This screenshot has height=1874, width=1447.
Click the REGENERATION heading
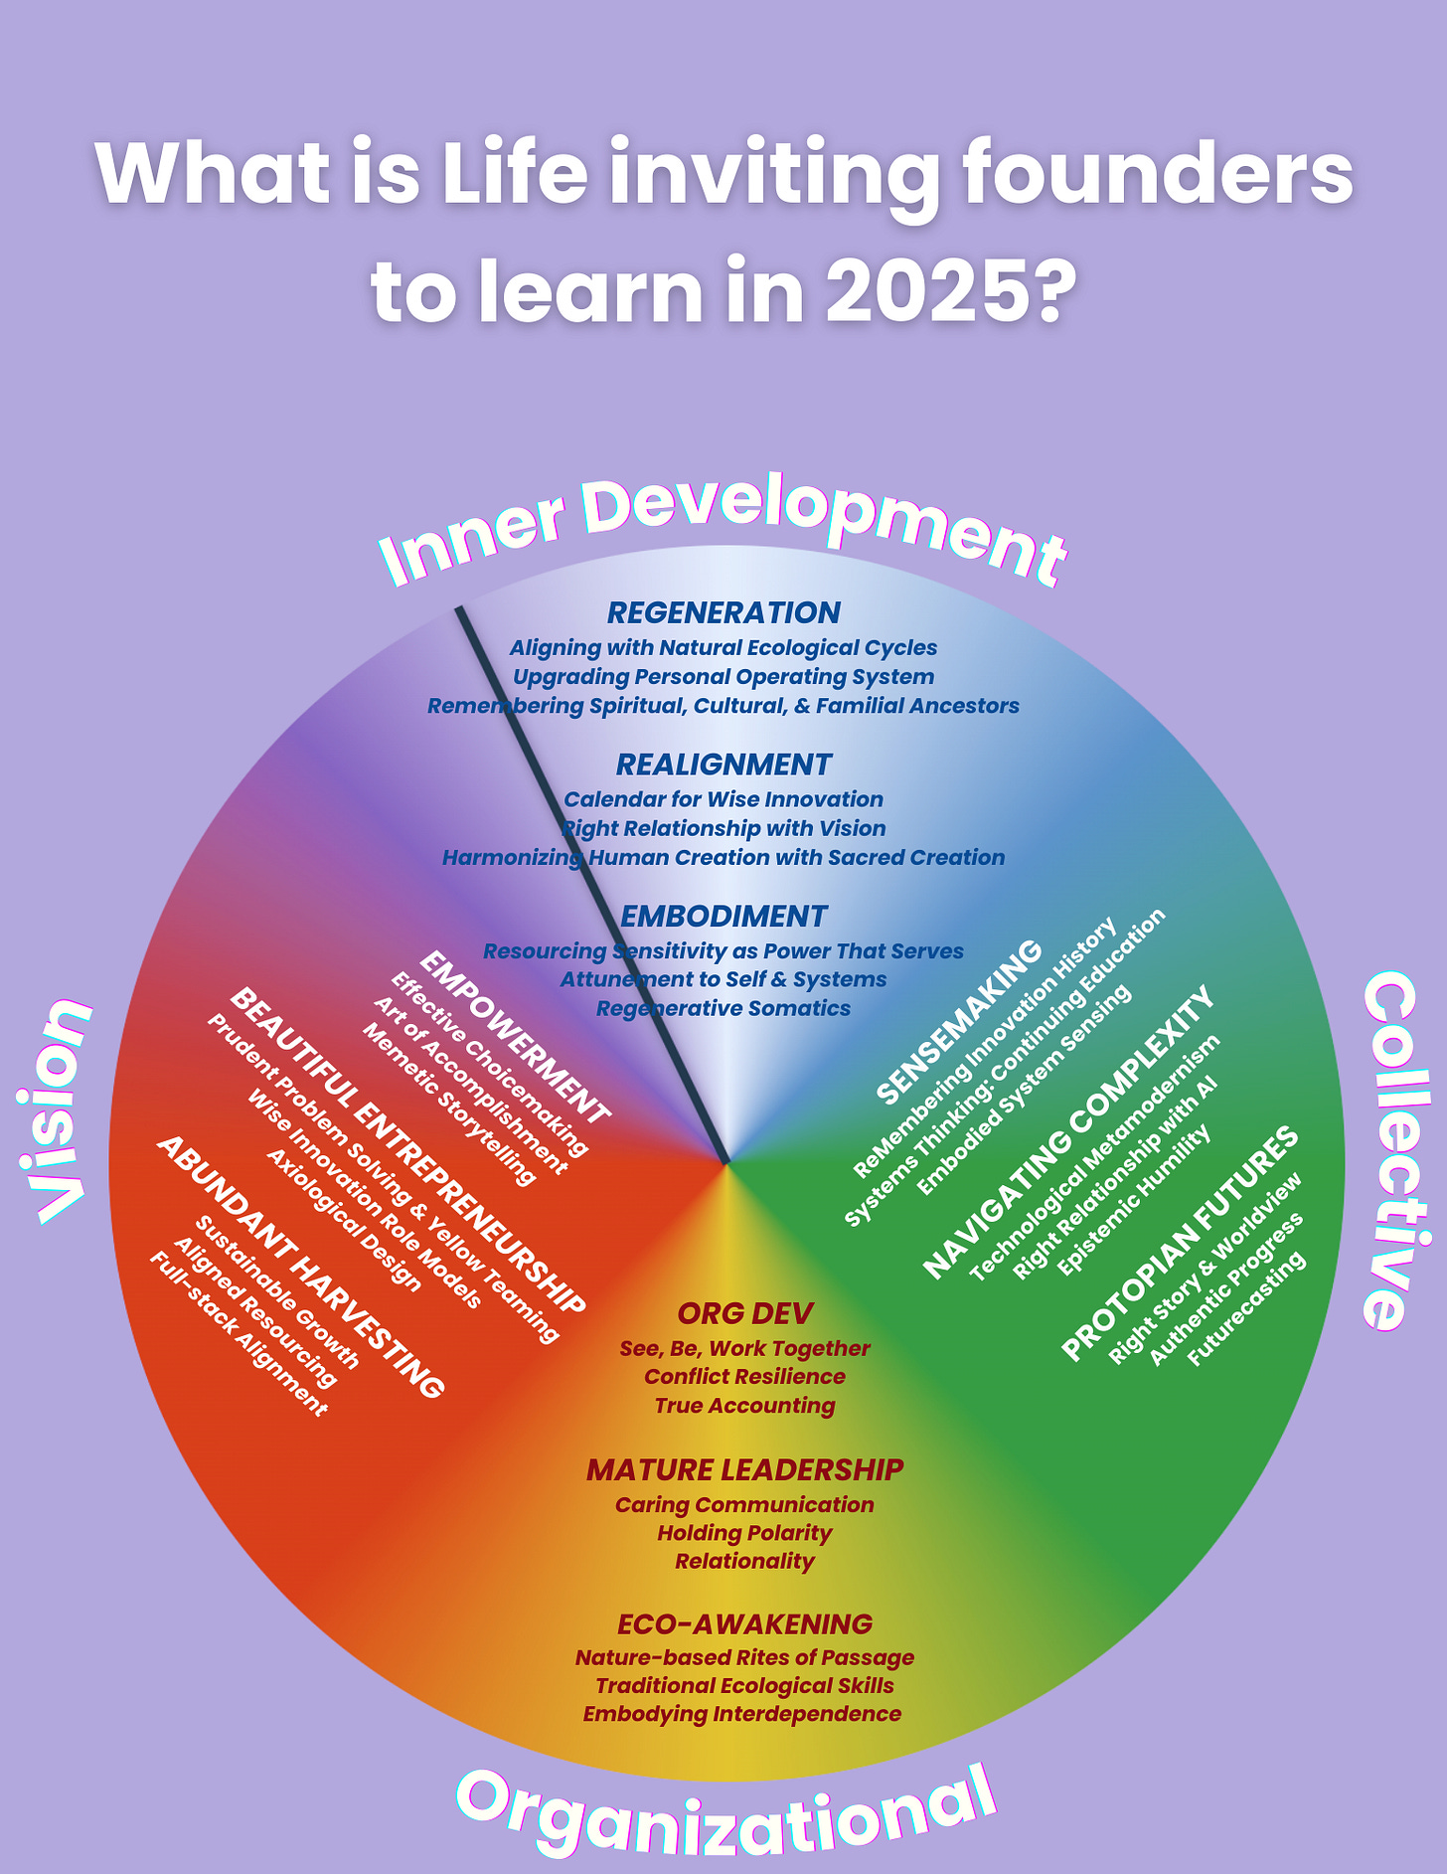(x=723, y=612)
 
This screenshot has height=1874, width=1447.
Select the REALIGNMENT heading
(x=723, y=765)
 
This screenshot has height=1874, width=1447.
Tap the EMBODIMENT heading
(x=723, y=916)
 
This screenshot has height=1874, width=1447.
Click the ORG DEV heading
(x=744, y=1313)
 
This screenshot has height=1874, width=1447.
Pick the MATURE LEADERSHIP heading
(x=744, y=1469)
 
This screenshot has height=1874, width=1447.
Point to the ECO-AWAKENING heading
(x=744, y=1623)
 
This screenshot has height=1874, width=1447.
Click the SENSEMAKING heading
(x=960, y=1021)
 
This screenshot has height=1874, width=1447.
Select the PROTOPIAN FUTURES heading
(x=1181, y=1243)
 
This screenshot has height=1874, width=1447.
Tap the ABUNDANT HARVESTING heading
(x=299, y=1267)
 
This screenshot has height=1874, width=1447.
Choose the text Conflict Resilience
(x=744, y=1377)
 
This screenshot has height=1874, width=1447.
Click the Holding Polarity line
(x=744, y=1533)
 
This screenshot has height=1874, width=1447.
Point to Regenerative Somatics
(x=723, y=1008)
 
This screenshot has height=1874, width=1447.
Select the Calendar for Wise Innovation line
(x=723, y=799)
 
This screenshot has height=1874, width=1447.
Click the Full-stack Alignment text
(x=238, y=1333)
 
